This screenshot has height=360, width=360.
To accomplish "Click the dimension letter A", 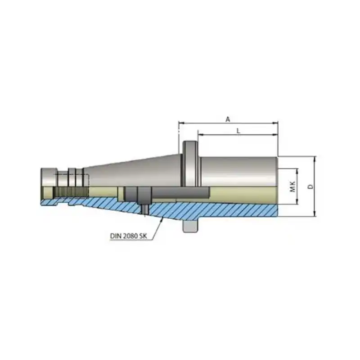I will tap(228, 119).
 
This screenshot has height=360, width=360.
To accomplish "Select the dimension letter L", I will tap(238, 130).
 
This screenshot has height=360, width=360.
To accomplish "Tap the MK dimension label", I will tap(292, 187).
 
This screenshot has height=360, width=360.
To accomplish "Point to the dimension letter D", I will tap(310, 186).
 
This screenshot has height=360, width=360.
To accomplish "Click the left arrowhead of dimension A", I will tap(180, 122).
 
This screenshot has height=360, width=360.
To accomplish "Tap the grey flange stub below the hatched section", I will tap(189, 226).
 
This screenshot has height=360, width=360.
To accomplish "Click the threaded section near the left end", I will tap(70, 192).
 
